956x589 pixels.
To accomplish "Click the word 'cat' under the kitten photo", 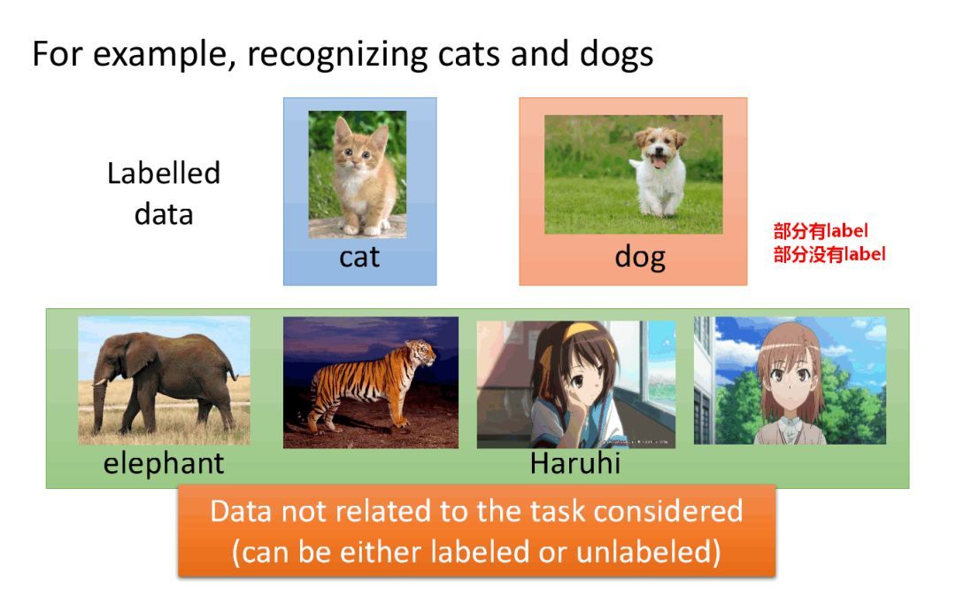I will tap(358, 257).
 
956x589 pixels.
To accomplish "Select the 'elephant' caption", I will tap(164, 462).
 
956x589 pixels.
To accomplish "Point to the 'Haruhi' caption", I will tap(574, 462).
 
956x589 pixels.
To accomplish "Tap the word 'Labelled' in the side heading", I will tap(164, 173).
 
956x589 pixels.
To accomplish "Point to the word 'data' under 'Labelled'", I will tap(164, 214).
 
